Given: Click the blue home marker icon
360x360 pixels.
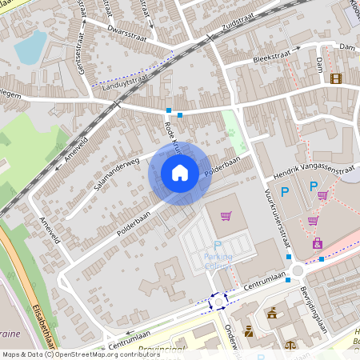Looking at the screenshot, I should [x=180, y=173].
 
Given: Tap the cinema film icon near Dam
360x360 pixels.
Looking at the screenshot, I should [x=335, y=78].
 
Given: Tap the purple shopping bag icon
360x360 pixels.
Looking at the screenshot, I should [x=318, y=243].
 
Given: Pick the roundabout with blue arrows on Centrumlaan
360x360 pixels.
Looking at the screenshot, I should [x=218, y=302].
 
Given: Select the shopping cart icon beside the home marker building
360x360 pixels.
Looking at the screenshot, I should [x=226, y=215].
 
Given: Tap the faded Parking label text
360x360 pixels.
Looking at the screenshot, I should [x=217, y=257].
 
